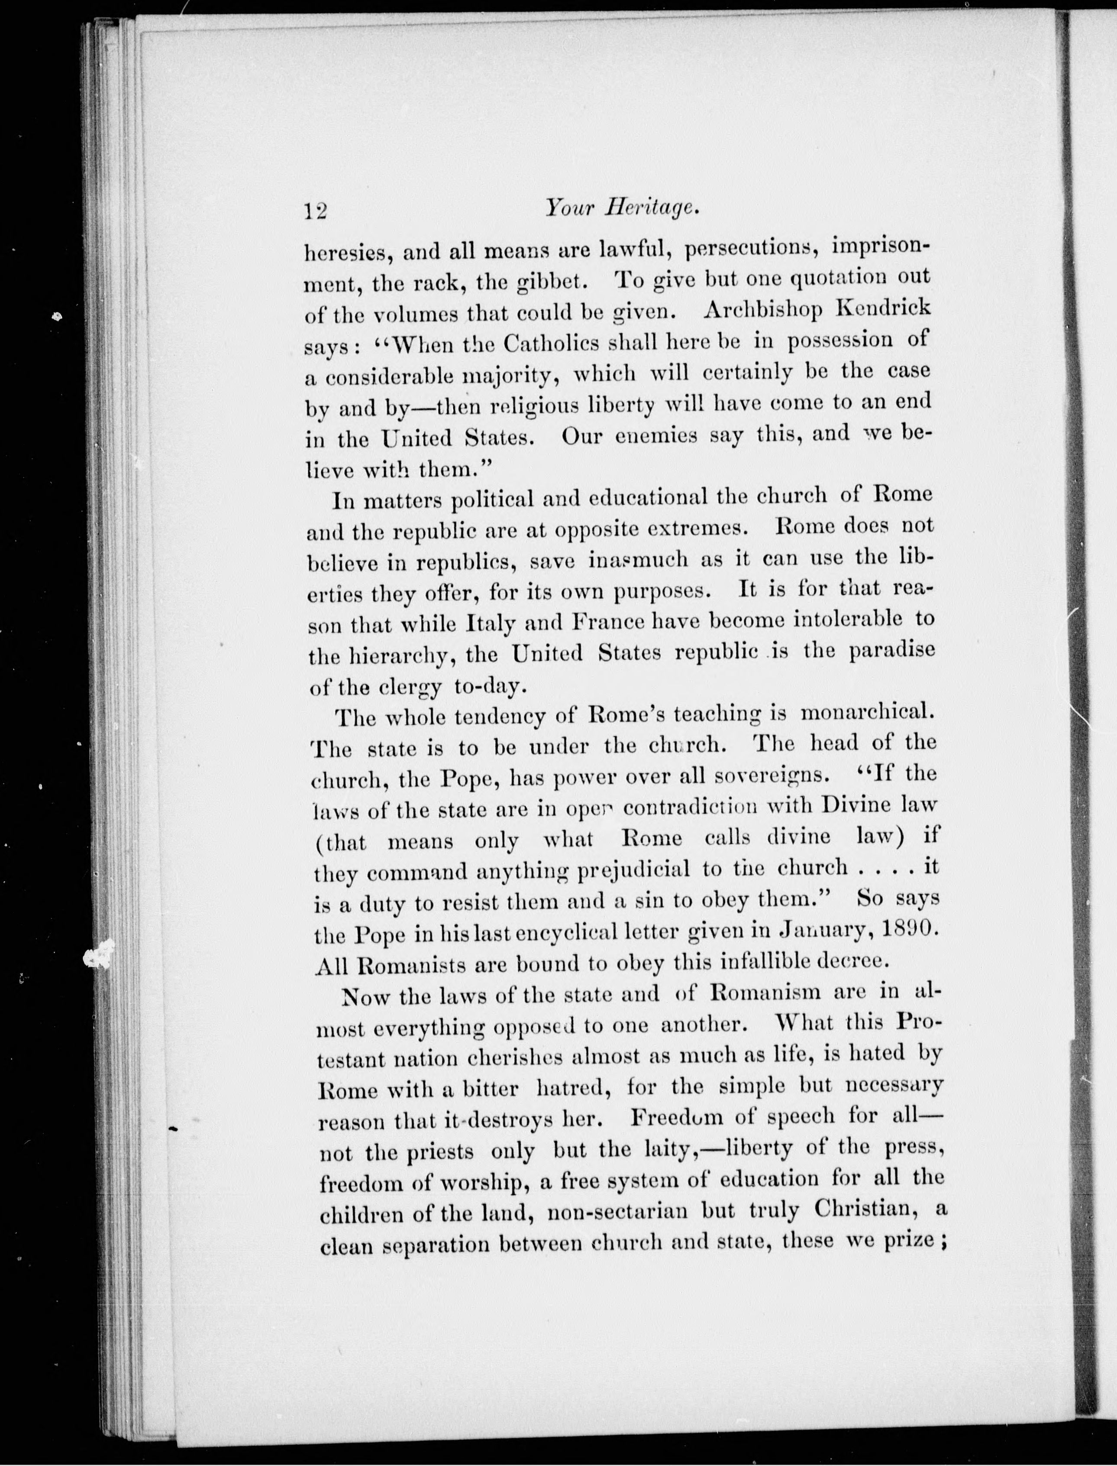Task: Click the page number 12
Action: pos(316,211)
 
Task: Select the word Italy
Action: pos(492,623)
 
